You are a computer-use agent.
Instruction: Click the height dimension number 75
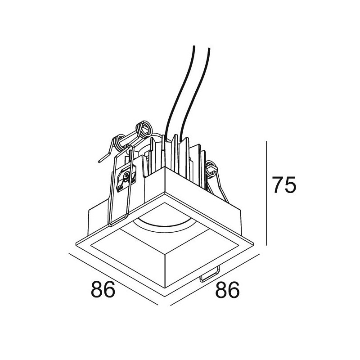(284, 185)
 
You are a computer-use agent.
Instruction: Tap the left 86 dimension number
(103, 289)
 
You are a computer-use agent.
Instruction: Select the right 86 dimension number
(227, 290)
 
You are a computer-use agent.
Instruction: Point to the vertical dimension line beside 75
(266, 193)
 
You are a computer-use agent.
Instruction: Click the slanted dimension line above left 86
(113, 279)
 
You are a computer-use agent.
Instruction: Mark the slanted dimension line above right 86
(215, 279)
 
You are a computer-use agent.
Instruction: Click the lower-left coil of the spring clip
(119, 144)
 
